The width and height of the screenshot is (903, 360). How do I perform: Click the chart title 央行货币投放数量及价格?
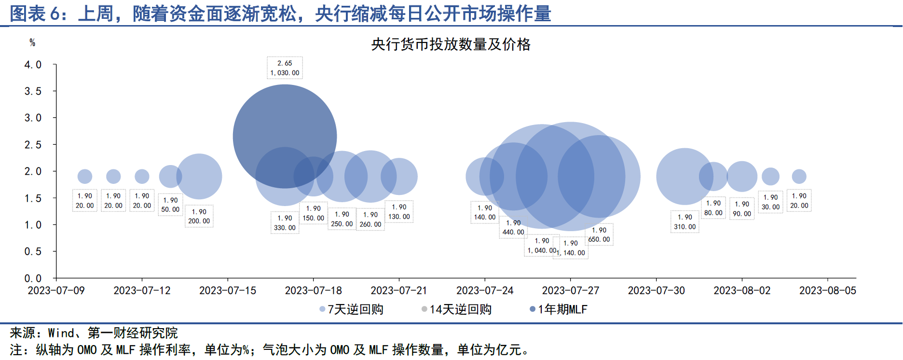coord(451,44)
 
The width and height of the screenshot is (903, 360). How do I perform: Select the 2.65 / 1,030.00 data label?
coord(285,68)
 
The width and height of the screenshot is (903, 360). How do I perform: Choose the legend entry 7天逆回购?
coord(352,309)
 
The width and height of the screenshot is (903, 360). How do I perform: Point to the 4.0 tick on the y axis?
coord(33,65)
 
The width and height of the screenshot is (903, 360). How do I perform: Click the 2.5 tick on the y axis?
coord(33,145)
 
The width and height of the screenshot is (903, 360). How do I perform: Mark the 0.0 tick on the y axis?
coord(33,278)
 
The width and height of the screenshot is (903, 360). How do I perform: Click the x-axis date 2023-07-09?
coord(56,291)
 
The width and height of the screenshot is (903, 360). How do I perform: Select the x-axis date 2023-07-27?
coord(570,291)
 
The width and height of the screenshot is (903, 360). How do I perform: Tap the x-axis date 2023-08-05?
coord(827,291)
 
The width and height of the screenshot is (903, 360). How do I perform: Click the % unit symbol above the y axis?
coord(32,42)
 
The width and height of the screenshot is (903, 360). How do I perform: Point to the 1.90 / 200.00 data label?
coord(199,216)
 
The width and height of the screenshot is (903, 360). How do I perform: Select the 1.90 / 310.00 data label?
coord(685,222)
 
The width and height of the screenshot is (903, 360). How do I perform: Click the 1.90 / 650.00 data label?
coord(599,235)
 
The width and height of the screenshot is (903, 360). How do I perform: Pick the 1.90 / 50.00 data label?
coord(170,205)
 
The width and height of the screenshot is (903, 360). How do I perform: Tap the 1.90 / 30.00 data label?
coord(770,202)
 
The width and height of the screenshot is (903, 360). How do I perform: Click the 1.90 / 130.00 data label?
coord(399,212)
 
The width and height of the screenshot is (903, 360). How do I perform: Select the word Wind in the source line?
coord(61,333)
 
